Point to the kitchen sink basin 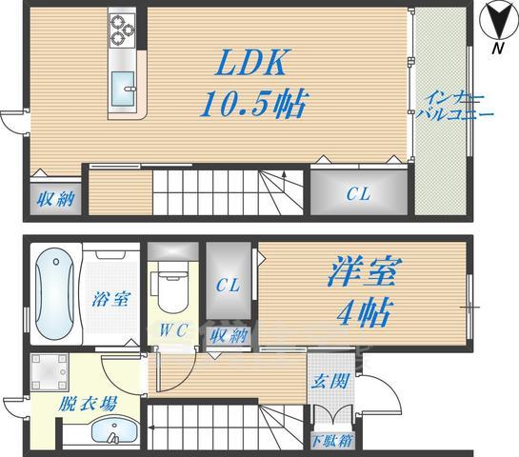coord(126,91)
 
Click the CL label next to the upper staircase coord(357,194)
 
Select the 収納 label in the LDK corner coord(54,200)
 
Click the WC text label coord(173,331)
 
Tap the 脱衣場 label coord(88,403)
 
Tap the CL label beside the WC coord(228,286)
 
